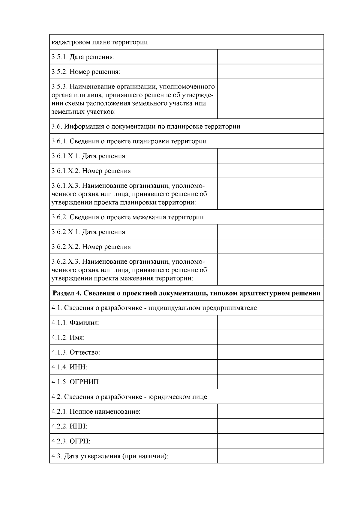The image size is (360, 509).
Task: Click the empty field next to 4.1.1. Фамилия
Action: (270, 322)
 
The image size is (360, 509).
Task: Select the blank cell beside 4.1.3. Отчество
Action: (270, 352)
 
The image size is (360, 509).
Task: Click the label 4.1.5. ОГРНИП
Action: (76, 382)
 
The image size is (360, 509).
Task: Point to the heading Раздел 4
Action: (186, 293)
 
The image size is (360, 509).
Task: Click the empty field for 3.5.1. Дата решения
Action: (270, 57)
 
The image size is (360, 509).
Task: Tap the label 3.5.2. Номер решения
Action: (86, 72)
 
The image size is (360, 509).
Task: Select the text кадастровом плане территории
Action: (100, 42)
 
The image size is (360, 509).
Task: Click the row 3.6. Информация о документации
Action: (146, 126)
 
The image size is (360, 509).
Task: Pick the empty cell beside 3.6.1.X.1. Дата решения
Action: (270, 156)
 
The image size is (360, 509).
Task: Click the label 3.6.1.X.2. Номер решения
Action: (92, 171)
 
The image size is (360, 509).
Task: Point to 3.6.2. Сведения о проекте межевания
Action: (127, 217)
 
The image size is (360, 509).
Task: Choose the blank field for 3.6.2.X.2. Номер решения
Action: (270, 247)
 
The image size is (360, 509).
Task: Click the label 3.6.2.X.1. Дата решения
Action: (89, 232)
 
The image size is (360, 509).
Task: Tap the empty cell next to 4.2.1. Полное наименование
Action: (270, 412)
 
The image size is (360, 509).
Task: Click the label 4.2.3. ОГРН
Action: (71, 441)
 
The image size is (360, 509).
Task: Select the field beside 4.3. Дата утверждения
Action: (270, 456)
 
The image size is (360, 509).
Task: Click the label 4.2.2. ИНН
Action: (69, 426)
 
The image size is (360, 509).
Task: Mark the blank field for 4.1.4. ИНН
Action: (270, 367)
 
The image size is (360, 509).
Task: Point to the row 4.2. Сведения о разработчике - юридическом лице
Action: (129, 397)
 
